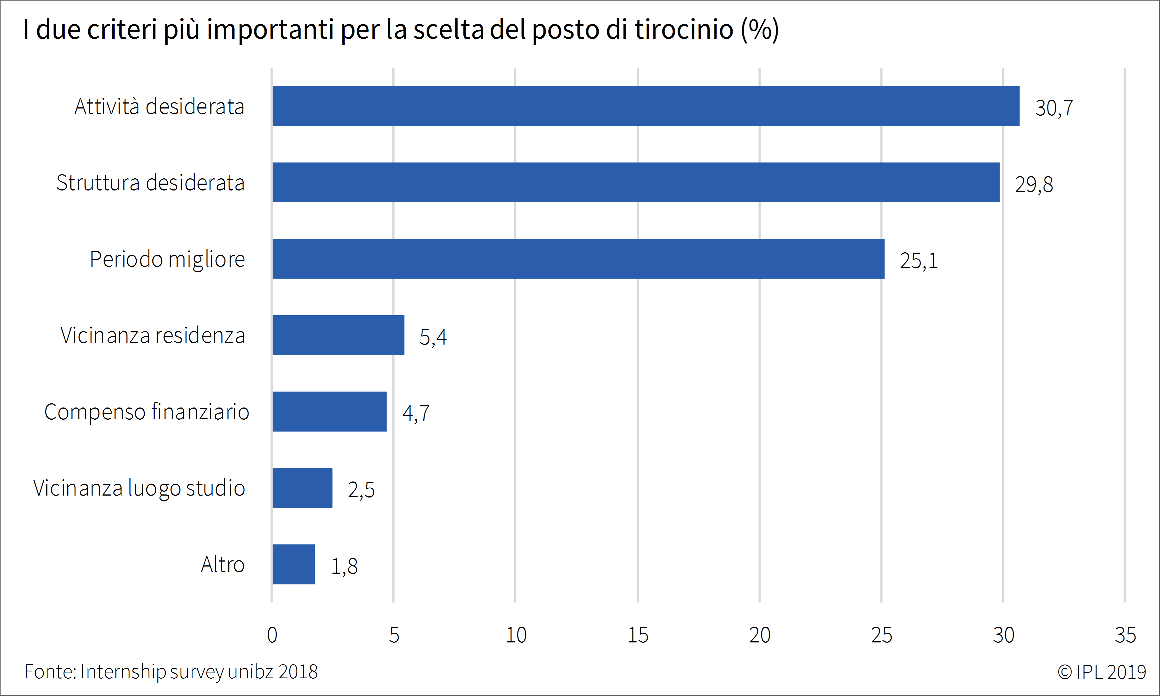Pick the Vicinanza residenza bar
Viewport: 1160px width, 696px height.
pos(338,335)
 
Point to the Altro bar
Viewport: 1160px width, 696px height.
pos(293,564)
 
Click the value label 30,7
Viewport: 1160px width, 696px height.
pos(1053,108)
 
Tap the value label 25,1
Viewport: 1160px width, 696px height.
pos(918,261)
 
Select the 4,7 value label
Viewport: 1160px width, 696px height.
pos(416,413)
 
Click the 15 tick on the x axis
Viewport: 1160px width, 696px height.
pos(638,635)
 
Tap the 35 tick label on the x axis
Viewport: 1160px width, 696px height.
pos(1125,635)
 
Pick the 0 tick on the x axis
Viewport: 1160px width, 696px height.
pos(272,635)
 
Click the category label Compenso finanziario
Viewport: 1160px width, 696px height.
pos(146,412)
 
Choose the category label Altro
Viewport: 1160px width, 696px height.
pos(223,564)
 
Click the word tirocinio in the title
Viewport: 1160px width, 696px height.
pos(684,29)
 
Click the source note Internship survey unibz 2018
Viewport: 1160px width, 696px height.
pos(199,672)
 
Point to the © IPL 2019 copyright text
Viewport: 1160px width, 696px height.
pos(1101,672)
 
